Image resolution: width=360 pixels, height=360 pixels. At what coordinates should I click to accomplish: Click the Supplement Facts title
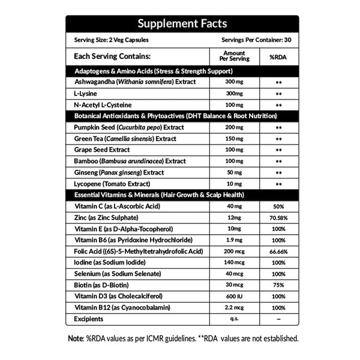(182, 24)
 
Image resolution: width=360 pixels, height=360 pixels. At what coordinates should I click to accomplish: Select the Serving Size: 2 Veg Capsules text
(112, 41)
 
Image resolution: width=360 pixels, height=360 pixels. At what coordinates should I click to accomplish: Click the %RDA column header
(278, 56)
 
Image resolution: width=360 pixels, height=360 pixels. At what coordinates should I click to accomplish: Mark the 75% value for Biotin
(278, 285)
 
